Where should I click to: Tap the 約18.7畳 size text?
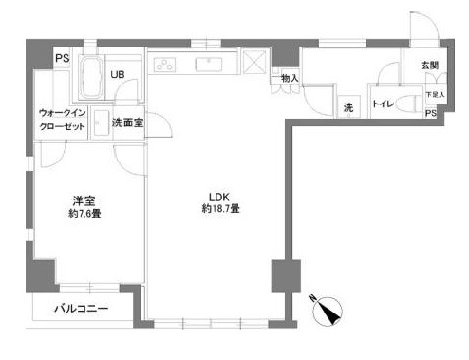[218, 209]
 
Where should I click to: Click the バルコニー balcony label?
[81, 308]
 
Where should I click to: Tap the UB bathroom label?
[119, 73]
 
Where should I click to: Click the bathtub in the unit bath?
[91, 75]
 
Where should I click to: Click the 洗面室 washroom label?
[128, 123]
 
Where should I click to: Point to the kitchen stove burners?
[165, 66]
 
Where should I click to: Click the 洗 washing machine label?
[348, 107]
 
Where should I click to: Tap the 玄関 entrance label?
[430, 66]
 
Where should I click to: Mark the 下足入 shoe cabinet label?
[433, 95]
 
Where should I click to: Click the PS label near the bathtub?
[63, 59]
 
